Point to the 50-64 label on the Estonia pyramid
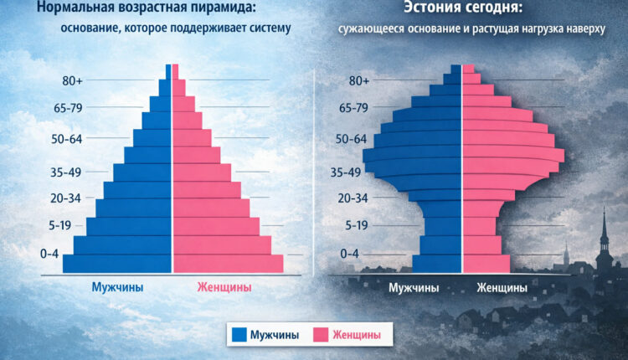click(x=348, y=140)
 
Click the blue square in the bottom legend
click(x=239, y=335)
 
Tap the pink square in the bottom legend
click(x=319, y=335)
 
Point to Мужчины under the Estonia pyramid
click(x=414, y=289)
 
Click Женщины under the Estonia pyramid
click(x=502, y=289)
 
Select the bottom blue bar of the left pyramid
click(x=117, y=263)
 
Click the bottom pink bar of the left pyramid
click(x=228, y=263)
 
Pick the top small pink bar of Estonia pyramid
click(x=468, y=69)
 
